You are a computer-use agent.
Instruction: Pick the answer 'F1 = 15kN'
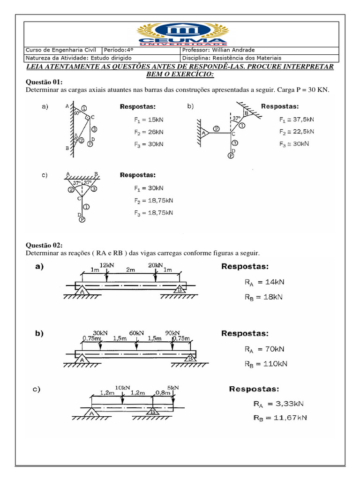click(149, 120)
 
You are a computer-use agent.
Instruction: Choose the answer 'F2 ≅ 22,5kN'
click(296, 132)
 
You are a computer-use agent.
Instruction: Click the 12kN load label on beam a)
click(107, 265)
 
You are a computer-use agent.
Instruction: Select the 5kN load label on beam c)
click(172, 388)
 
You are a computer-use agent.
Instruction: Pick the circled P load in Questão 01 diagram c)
click(82, 219)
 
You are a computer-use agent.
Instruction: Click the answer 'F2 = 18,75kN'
click(153, 200)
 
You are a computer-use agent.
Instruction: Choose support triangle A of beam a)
click(82, 290)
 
